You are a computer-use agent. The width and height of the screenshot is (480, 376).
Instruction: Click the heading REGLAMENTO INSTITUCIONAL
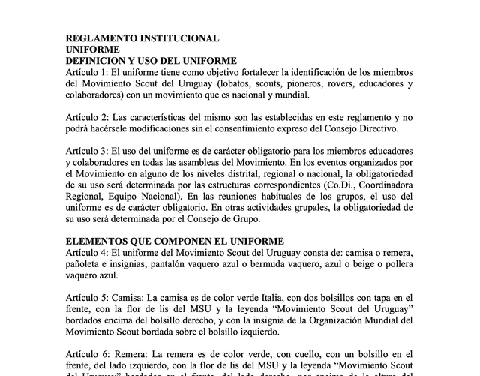142,38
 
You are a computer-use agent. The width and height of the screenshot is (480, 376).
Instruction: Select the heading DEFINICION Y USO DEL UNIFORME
151,60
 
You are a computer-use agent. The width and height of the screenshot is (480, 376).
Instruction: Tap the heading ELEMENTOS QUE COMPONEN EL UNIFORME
175,241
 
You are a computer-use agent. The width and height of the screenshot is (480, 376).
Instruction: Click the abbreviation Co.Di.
327,185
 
